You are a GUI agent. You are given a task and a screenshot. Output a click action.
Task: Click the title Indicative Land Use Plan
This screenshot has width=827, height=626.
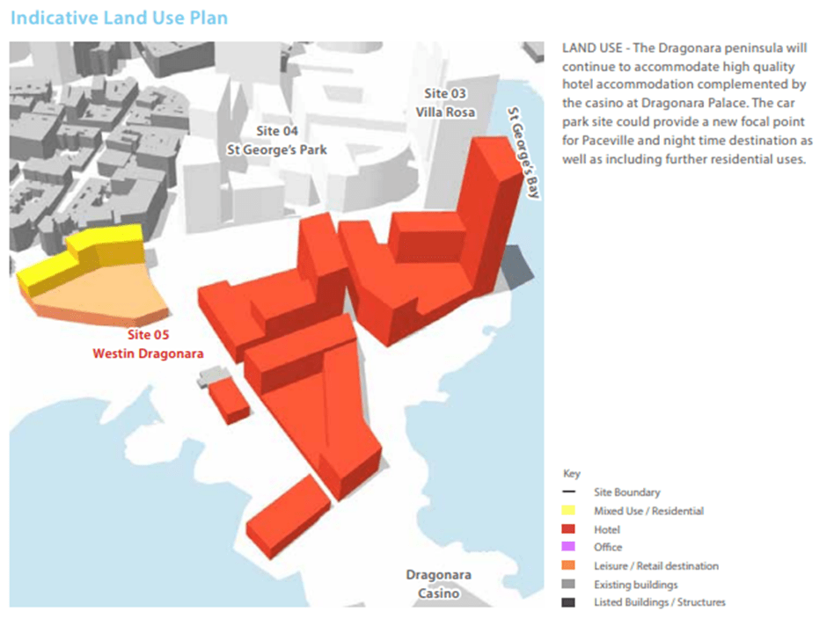120,18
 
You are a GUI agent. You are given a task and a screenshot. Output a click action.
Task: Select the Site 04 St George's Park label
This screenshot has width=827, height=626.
276,141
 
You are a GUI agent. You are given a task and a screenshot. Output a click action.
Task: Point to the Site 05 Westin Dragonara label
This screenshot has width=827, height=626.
148,345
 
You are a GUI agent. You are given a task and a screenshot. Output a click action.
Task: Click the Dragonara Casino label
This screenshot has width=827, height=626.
438,584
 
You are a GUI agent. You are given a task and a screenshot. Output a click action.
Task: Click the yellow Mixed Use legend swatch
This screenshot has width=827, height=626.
569,511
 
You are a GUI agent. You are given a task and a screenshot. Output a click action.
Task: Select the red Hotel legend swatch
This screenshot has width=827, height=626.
569,529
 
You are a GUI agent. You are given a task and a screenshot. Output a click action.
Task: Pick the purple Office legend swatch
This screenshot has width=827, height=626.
569,548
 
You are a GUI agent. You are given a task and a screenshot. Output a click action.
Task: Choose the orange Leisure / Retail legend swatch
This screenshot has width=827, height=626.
569,566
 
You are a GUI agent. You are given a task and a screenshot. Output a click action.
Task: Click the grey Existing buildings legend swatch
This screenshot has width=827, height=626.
569,585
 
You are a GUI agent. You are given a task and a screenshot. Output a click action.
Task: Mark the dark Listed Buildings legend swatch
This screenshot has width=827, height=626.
569,602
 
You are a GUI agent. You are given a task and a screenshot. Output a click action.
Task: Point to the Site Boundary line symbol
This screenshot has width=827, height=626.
569,492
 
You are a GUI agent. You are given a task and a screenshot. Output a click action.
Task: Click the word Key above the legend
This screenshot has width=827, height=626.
571,473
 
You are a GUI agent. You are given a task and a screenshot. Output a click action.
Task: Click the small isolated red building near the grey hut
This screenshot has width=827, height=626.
230,401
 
